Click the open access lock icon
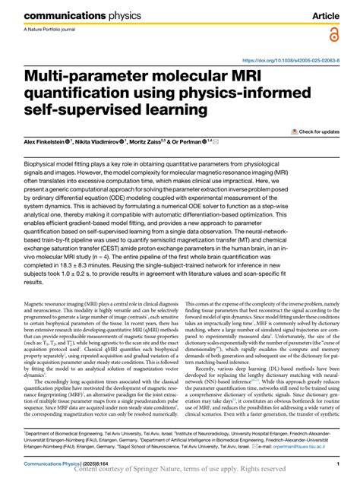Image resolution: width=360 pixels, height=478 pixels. point(334,35)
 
